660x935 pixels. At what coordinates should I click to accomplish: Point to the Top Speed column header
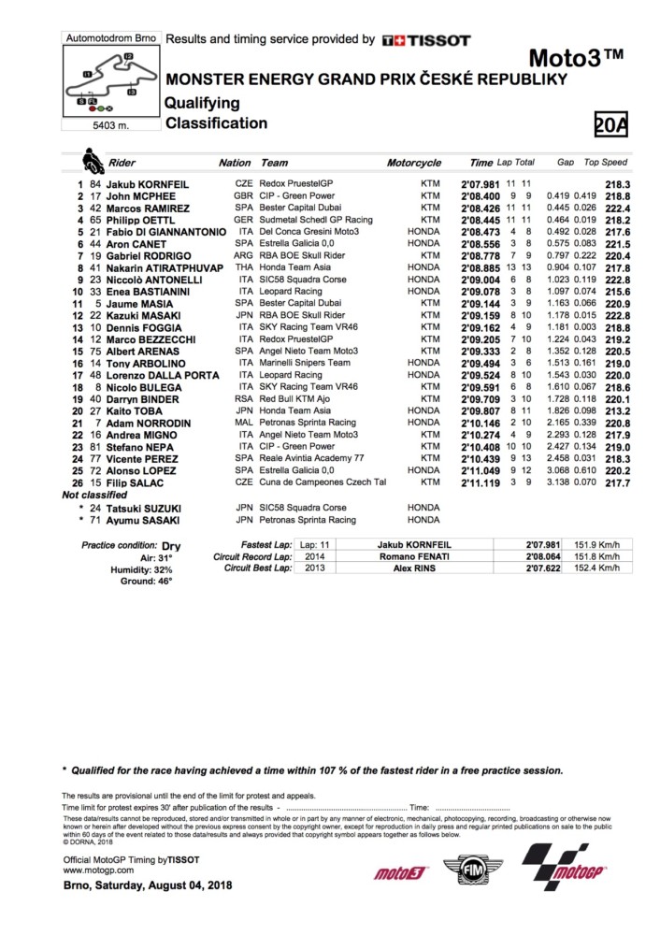(x=605, y=163)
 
